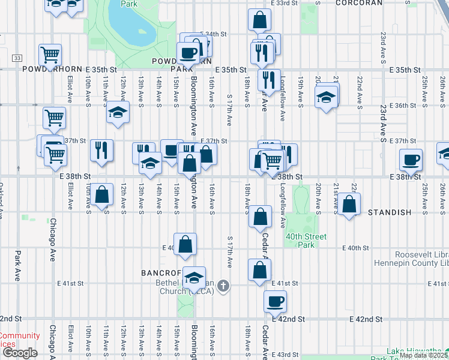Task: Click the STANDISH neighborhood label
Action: [x=389, y=212]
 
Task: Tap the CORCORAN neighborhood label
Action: [x=358, y=3]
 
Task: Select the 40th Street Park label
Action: [x=307, y=241]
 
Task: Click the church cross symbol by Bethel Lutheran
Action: [x=223, y=286]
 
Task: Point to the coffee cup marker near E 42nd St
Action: [x=276, y=301]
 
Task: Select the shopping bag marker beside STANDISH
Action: [x=349, y=204]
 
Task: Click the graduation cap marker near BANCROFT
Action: [x=194, y=277]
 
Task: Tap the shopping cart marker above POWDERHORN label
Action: [x=50, y=55]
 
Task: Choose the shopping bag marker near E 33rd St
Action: [x=259, y=20]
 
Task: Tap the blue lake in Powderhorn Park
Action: [x=128, y=27]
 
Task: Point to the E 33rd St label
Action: [x=285, y=3]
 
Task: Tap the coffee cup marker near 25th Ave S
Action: [x=412, y=160]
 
